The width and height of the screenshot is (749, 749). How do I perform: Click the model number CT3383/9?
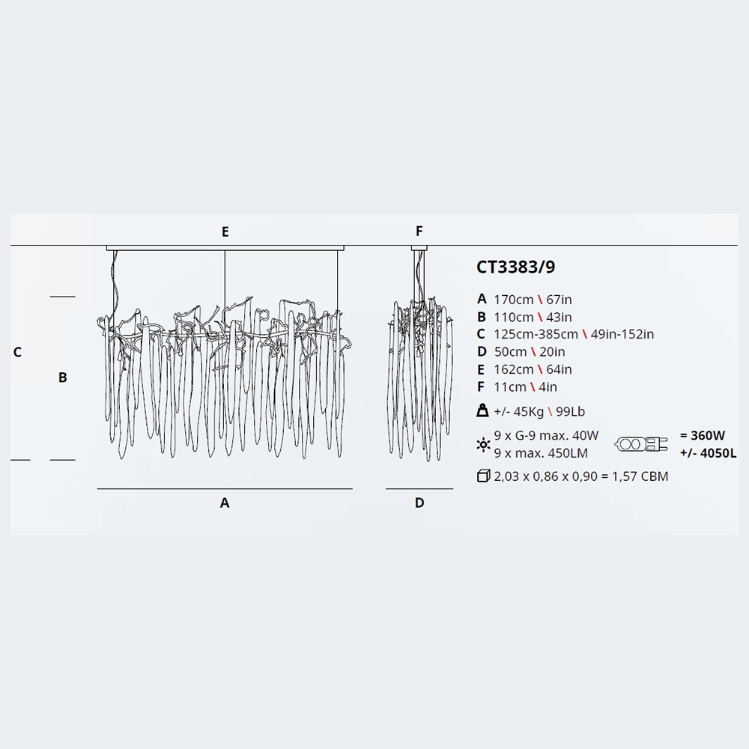tap(516, 267)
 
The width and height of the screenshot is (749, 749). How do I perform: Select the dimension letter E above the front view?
tap(225, 231)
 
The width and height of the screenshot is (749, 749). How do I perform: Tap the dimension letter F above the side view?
tap(419, 231)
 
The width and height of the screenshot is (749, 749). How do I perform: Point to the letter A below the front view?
tap(225, 503)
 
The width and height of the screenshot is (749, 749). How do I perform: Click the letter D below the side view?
tap(419, 503)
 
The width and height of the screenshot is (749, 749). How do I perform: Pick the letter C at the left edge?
tap(18, 352)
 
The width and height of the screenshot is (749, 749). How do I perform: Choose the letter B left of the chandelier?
tap(63, 377)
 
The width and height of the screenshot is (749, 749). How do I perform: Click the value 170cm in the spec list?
tap(514, 300)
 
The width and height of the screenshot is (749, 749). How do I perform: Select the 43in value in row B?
tap(559, 317)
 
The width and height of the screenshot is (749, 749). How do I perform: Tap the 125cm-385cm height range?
tap(536, 334)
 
